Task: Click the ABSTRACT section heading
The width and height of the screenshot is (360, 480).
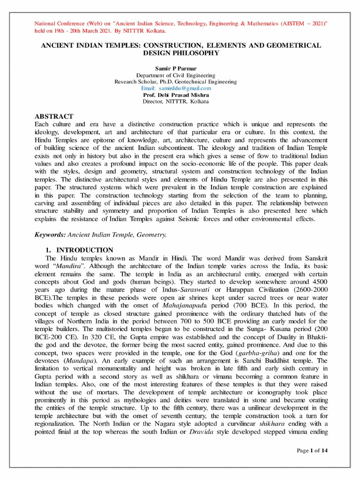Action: coord(54,116)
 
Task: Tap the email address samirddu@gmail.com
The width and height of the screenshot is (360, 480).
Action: coord(176,88)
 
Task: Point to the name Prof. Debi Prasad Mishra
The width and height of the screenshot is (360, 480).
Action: coord(176,95)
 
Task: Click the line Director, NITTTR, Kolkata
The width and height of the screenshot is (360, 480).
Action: coord(176,101)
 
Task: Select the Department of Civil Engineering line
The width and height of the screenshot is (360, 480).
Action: coord(176,75)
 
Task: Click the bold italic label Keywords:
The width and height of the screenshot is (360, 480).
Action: coord(51,234)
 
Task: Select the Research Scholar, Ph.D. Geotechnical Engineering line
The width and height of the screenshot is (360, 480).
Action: coord(176,82)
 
